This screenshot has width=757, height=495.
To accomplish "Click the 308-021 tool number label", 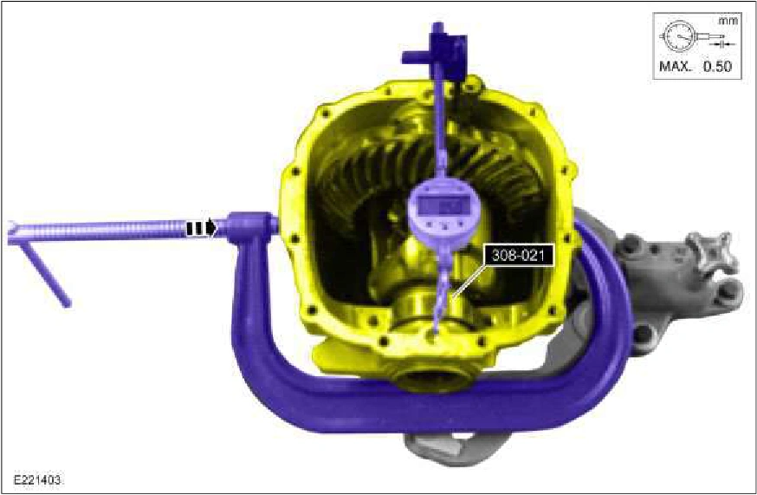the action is point(518,255).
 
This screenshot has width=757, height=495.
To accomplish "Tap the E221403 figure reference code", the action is point(37,480).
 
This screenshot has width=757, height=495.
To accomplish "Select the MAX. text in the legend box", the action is point(676,66).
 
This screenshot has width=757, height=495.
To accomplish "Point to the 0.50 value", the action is point(717,66).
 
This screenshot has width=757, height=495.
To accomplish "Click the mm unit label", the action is point(728,21).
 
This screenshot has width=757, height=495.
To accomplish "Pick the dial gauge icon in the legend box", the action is point(696,36).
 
